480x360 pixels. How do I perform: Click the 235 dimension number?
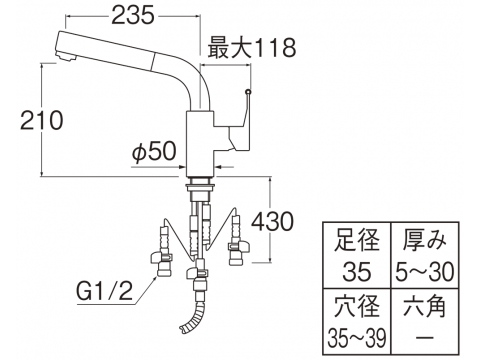133,16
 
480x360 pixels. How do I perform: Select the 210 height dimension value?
42,120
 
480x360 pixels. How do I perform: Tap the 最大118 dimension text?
252,48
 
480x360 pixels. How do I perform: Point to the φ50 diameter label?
154,152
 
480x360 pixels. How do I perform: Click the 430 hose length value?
272,221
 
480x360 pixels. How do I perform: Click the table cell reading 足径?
356,240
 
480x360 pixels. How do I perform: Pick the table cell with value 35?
356,271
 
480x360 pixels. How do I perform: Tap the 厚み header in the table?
424,240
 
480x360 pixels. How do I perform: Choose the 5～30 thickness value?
424,271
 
